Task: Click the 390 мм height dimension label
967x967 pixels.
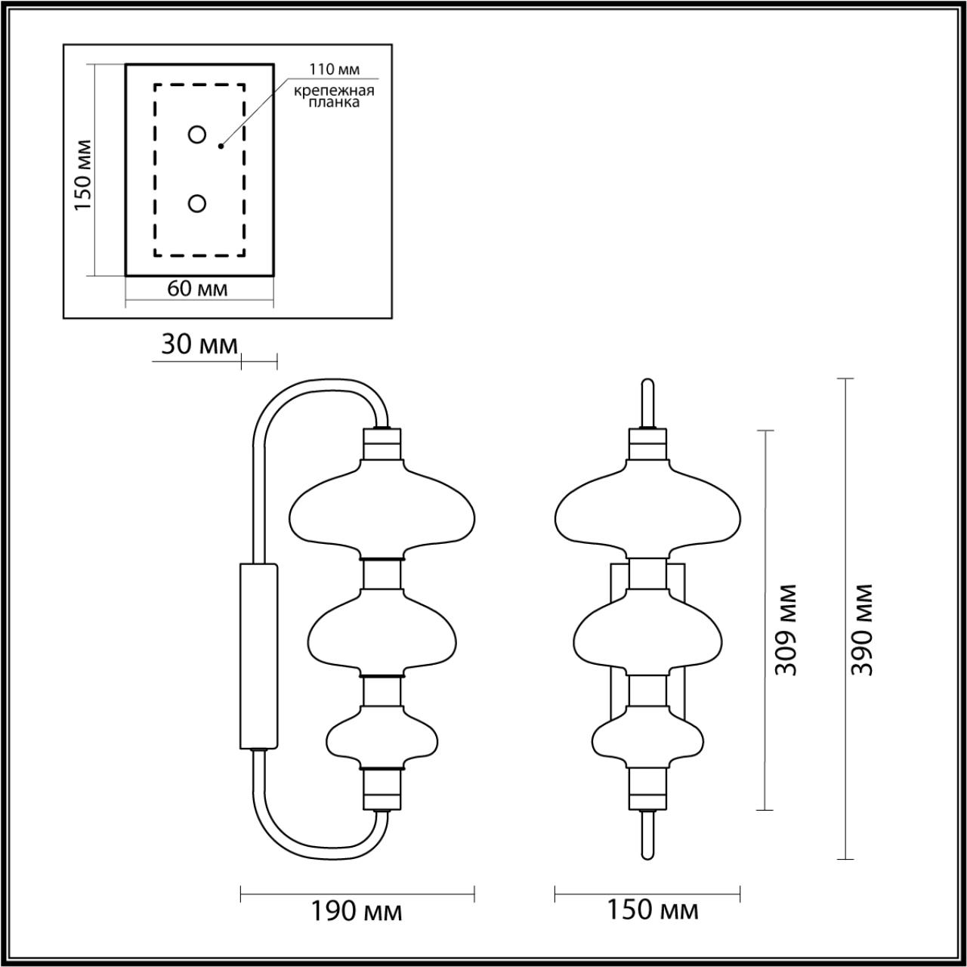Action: (862, 629)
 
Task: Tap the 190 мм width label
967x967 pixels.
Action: (357, 911)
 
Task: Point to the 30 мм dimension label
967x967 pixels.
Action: (199, 344)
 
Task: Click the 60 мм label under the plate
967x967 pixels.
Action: (197, 289)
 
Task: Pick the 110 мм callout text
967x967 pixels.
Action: (333, 70)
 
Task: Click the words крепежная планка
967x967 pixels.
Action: (335, 97)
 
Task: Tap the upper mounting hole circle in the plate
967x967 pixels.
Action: (197, 135)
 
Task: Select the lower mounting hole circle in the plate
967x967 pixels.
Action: (197, 204)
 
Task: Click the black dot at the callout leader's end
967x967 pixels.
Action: (221, 146)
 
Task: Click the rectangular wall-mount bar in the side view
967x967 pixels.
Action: (258, 656)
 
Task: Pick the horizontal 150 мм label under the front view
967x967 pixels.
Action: (653, 910)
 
